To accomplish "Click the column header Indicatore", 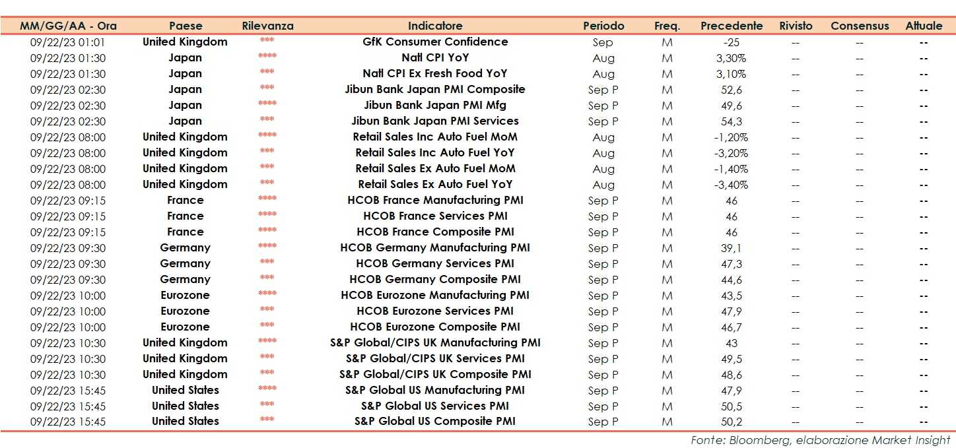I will point(434,26).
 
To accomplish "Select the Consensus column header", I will point(860,26).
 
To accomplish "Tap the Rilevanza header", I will point(267,26).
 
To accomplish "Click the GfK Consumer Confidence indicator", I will point(435,42).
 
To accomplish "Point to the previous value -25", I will point(731,42).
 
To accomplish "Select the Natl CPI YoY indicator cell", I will point(435,57).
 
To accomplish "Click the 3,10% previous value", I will point(731,74).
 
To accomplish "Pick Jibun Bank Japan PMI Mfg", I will point(435,105).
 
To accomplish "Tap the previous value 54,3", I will point(731,121).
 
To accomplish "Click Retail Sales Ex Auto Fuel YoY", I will point(435,184).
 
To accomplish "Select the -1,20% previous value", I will point(731,137).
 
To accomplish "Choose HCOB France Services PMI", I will point(435,216).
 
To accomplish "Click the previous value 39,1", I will point(731,248).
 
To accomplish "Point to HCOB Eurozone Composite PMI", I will point(435,327).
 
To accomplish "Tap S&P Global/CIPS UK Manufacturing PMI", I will point(435,342).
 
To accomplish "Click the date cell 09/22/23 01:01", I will point(68,42).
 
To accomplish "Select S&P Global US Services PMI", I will point(435,406).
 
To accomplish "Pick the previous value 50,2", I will point(731,422).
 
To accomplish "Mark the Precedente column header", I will point(732,26).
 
